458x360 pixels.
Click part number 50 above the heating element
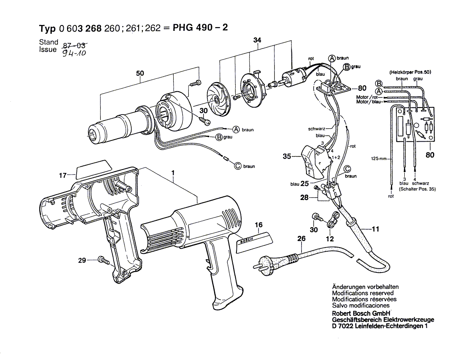[x=140, y=74]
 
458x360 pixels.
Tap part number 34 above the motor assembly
[x=257, y=40]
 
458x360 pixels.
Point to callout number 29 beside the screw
[x=82, y=260]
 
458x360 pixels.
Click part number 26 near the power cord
[x=301, y=239]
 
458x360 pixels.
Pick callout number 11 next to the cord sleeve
[x=376, y=229]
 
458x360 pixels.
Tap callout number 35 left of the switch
[x=286, y=157]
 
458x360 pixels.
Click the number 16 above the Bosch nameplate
[x=259, y=225]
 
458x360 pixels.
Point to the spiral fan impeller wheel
[x=219, y=98]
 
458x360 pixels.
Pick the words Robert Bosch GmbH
[x=360, y=314]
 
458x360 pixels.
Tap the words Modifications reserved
[x=363, y=293]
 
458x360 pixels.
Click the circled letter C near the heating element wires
[x=238, y=166]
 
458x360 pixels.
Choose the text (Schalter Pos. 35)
[x=418, y=189]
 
